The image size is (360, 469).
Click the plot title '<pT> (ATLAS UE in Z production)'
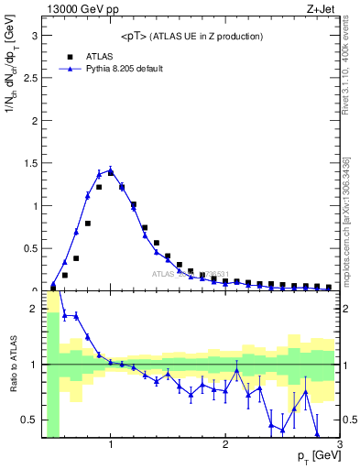[x=191, y=36]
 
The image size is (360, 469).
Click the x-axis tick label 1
[x=111, y=445]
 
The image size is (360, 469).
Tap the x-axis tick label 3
[x=339, y=445]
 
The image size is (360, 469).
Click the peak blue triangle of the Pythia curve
[x=110, y=169]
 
